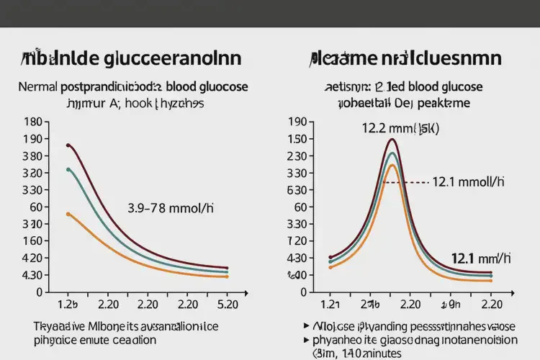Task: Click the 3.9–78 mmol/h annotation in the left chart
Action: (171, 208)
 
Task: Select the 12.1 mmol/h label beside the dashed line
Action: (464, 183)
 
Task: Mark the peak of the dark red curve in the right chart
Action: (392, 140)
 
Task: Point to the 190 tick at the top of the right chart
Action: (297, 122)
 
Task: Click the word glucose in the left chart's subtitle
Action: (222, 86)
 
